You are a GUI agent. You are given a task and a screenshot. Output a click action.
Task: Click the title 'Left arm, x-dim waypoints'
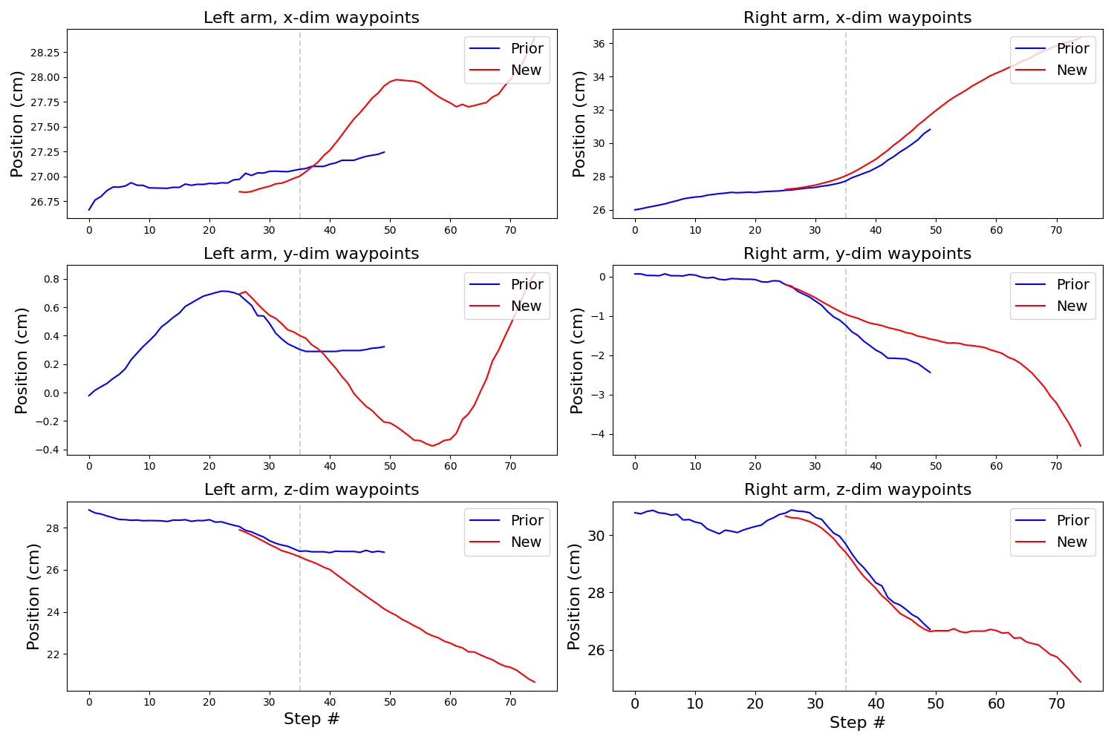tap(311, 18)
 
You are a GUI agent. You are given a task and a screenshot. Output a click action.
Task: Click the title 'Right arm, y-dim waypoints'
tap(857, 254)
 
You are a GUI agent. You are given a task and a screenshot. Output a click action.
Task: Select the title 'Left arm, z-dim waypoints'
tap(311, 490)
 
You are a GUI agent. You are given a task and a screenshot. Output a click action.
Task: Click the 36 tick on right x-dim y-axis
tap(599, 44)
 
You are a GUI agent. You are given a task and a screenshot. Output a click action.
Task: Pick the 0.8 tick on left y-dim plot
tap(50, 280)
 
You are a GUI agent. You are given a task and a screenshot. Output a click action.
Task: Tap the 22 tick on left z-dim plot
tap(53, 654)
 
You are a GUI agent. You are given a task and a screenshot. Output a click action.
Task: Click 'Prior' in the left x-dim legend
tap(527, 49)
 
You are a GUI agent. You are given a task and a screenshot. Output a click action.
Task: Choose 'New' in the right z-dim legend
tap(1072, 542)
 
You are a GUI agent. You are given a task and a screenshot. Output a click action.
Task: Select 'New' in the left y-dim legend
tap(526, 306)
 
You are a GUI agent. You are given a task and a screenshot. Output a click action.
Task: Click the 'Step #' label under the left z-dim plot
tap(311, 719)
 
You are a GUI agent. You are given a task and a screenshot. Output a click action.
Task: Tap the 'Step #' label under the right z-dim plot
tap(857, 723)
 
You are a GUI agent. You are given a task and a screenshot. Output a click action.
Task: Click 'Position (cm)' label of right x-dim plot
tap(579, 124)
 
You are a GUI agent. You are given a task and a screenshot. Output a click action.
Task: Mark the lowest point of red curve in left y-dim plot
tap(432, 446)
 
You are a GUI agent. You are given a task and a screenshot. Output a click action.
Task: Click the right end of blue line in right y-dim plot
tap(930, 372)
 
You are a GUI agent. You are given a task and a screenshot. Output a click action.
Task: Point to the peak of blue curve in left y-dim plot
tap(222, 291)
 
